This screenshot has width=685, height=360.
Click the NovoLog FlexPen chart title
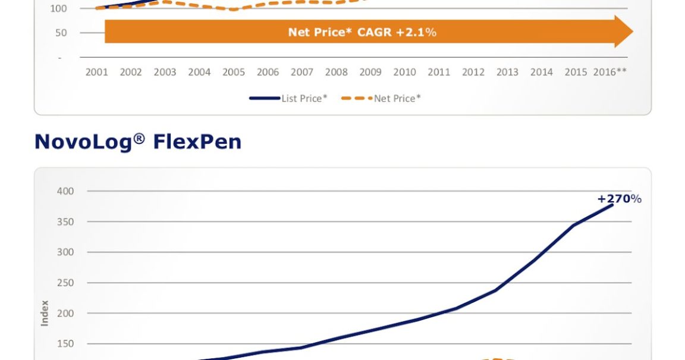pyautogui.click(x=138, y=142)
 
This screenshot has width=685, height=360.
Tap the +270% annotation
pyautogui.click(x=619, y=199)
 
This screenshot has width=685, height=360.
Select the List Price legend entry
pyautogui.click(x=289, y=98)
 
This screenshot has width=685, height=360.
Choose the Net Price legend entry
pyautogui.click(x=382, y=98)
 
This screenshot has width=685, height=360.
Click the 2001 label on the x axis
pyautogui.click(x=96, y=72)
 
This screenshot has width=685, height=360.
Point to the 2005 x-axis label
pyautogui.click(x=234, y=72)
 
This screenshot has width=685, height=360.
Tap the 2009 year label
pyautogui.click(x=370, y=72)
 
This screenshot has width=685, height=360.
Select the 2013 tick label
pyautogui.click(x=507, y=72)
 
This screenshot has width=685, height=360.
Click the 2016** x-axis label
pyautogui.click(x=610, y=72)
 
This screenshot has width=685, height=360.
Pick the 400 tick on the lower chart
pyautogui.click(x=66, y=191)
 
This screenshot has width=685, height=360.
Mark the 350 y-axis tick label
pyautogui.click(x=66, y=221)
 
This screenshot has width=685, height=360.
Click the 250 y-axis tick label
pyautogui.click(x=66, y=283)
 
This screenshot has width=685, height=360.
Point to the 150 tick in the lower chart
pyautogui.click(x=66, y=343)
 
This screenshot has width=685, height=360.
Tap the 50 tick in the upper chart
pyautogui.click(x=61, y=33)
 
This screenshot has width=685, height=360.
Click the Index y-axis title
pyautogui.click(x=45, y=313)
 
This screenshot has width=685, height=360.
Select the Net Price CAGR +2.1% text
pyautogui.click(x=362, y=32)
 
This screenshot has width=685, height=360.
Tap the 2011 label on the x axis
pyautogui.click(x=439, y=72)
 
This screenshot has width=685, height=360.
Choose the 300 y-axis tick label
pyautogui.click(x=66, y=252)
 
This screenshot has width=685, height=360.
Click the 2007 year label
pyautogui.click(x=302, y=72)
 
